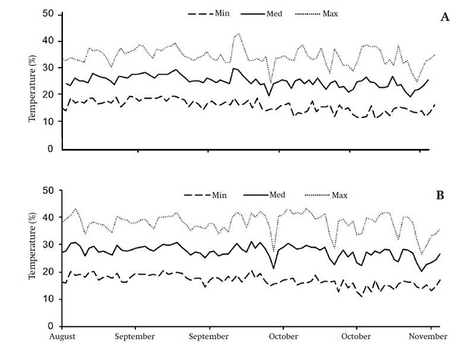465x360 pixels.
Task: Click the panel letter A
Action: pyautogui.click(x=444, y=17)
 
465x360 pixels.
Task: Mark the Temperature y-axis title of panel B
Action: pyautogui.click(x=32, y=259)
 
